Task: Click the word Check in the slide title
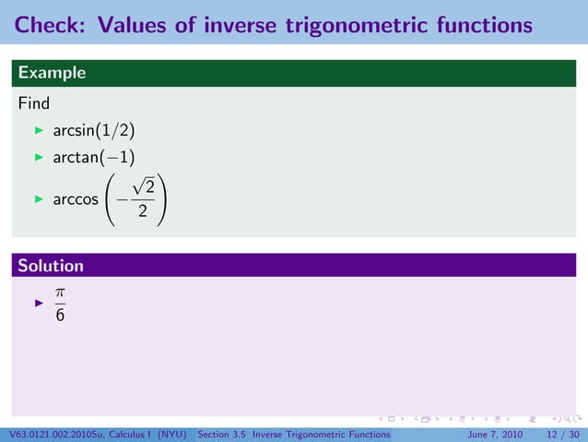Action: (x=47, y=24)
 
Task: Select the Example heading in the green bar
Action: (x=52, y=73)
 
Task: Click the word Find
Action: (x=34, y=102)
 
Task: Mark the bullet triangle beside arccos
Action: (x=40, y=199)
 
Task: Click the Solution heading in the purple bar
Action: (x=52, y=266)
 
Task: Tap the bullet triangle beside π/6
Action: (x=40, y=302)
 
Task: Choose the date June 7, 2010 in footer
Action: (x=498, y=435)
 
